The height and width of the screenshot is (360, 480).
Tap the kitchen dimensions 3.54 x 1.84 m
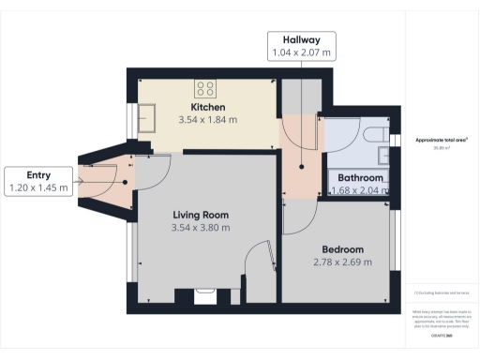208,120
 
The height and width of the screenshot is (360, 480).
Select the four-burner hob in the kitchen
206,89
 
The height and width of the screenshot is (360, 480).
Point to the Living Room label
200,215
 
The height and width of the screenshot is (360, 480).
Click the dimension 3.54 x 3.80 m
200,228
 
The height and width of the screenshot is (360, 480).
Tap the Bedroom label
343,249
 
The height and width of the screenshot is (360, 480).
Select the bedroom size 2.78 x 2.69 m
343,262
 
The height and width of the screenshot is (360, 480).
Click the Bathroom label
360,178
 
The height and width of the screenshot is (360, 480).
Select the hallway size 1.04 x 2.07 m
301,52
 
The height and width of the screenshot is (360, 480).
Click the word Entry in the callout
38,174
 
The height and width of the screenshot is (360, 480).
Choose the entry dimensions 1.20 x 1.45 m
38,187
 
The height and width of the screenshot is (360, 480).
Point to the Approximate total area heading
442,140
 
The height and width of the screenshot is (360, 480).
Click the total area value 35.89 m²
442,147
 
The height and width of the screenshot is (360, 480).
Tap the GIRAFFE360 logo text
442,335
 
